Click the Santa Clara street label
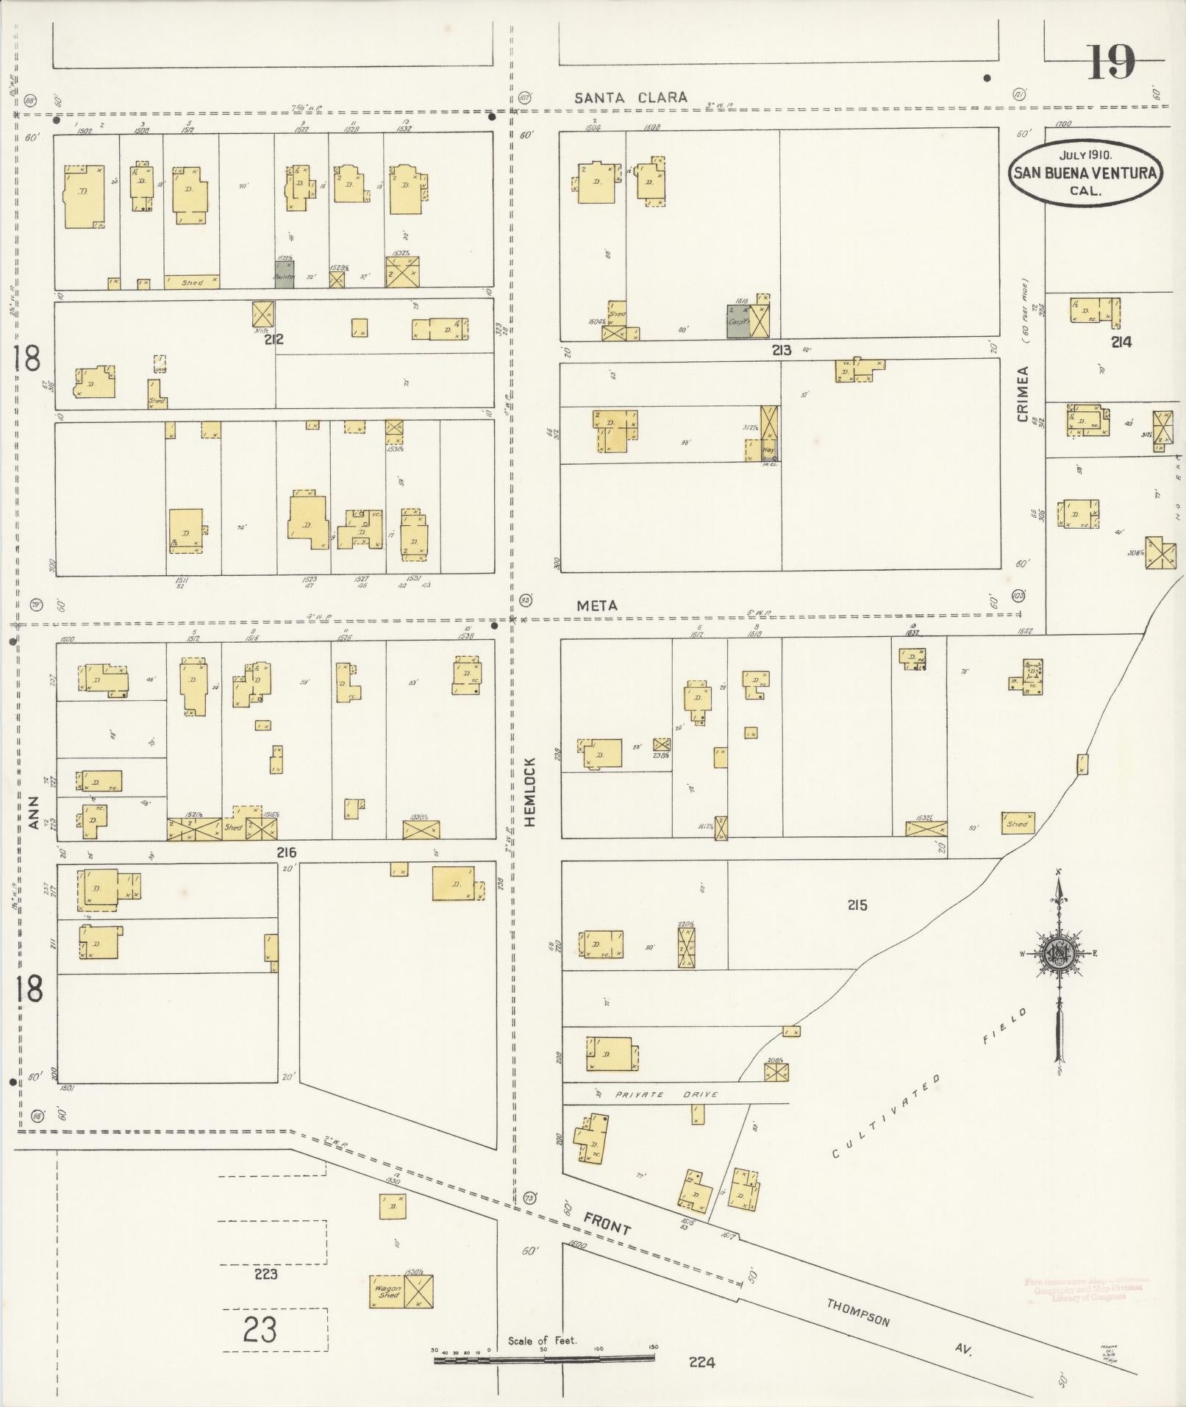pos(631,97)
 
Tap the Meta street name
pos(596,605)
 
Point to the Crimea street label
pos(1023,394)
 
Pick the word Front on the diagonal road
pos(607,1223)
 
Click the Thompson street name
pos(858,1313)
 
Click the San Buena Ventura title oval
pos(1085,174)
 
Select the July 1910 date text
pos(1085,155)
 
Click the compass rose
pos(1060,955)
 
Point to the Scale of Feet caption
pos(543,1341)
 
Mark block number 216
pos(286,852)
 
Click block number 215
pos(857,905)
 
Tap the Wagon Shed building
pos(387,1292)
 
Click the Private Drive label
pos(659,1095)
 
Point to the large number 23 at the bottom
pos(260,1329)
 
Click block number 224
pos(701,1362)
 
